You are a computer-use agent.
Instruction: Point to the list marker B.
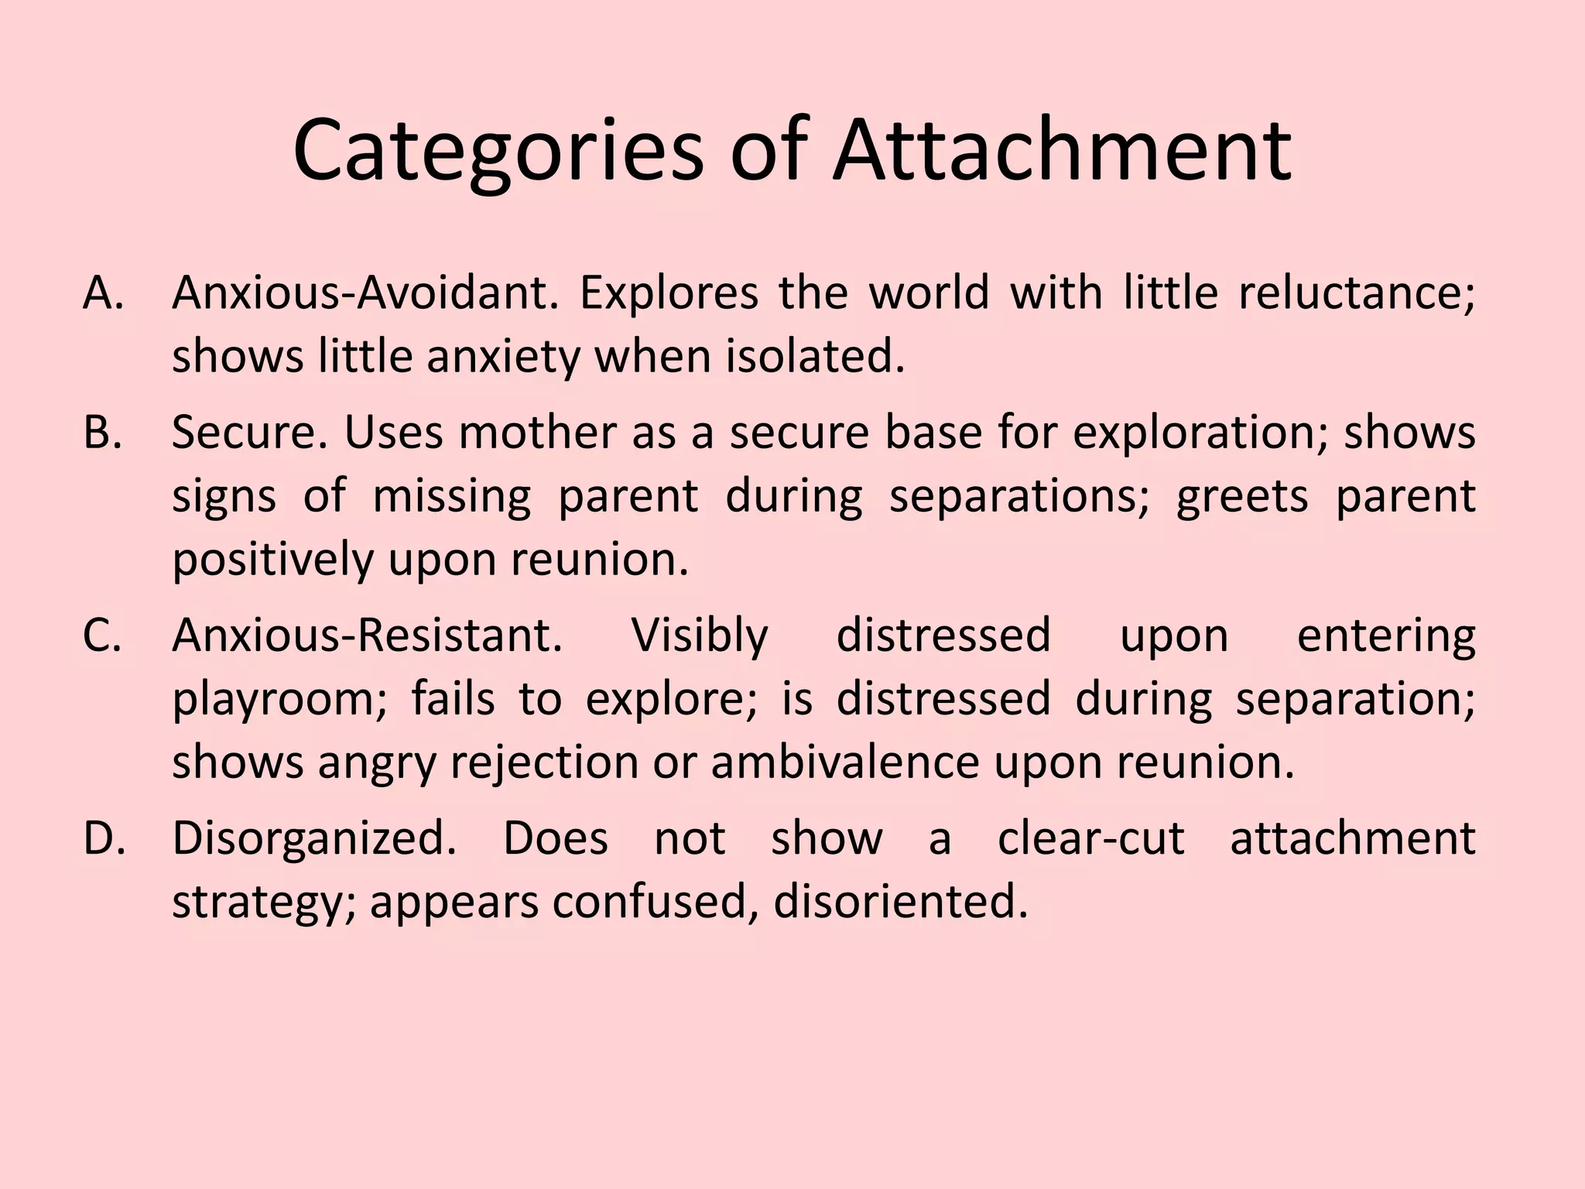pos(103,433)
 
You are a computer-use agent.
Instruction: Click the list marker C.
pos(103,636)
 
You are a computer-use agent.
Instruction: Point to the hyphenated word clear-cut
pos(1091,839)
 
